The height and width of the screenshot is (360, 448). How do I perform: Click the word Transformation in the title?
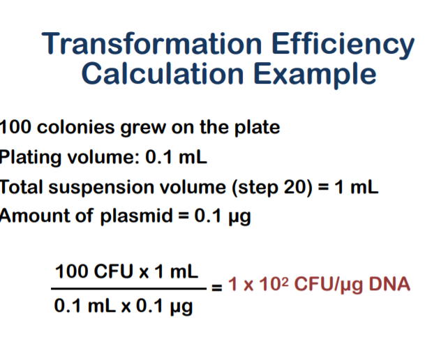click(x=151, y=43)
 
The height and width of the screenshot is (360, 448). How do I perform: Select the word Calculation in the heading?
click(x=163, y=73)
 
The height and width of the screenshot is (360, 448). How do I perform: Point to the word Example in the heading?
click(x=315, y=75)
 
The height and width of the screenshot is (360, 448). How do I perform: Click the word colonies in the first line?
click(x=76, y=127)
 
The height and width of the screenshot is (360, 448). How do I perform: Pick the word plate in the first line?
click(x=257, y=128)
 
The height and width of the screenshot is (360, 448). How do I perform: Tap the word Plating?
click(x=30, y=158)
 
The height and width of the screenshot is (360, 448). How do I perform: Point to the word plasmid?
click(x=137, y=216)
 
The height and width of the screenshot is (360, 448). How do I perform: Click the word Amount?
click(x=34, y=216)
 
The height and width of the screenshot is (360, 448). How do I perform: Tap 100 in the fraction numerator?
click(x=72, y=271)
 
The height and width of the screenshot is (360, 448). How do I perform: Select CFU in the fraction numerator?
click(x=114, y=271)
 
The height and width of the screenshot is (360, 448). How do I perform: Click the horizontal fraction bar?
click(x=128, y=289)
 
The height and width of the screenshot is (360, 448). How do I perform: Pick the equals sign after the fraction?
click(x=217, y=287)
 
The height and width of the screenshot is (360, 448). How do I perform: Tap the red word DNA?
click(x=389, y=284)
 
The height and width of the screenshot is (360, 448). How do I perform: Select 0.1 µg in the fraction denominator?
click(x=164, y=306)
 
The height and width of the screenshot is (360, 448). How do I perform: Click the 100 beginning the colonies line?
click(x=15, y=127)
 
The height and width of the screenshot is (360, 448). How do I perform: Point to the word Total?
click(x=22, y=188)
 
